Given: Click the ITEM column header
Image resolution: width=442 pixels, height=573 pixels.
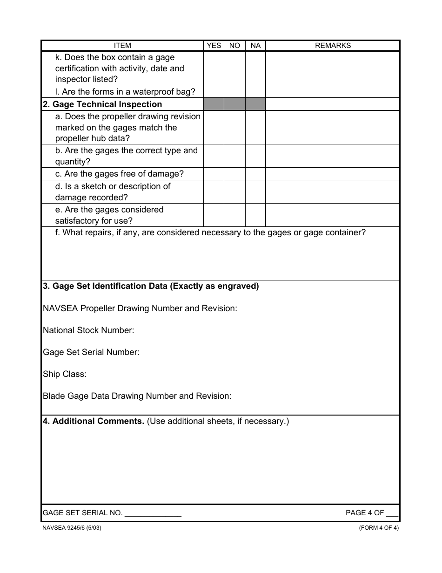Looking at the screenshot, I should tap(122, 46).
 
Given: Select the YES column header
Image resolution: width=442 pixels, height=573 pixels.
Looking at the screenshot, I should tap(214, 46).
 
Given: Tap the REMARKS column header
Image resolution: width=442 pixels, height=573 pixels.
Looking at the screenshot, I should tap(333, 46).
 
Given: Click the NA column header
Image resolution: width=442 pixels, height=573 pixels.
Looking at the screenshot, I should tap(255, 46).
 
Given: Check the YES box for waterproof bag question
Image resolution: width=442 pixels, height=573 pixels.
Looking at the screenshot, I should tap(214, 92).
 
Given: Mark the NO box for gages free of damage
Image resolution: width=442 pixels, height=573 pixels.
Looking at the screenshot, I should tap(234, 174).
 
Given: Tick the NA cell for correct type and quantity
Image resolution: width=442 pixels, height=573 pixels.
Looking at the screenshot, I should tap(255, 156).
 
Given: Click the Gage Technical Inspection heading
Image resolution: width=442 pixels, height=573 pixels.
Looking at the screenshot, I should tap(102, 104).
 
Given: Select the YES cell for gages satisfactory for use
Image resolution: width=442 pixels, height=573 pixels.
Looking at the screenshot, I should tap(214, 215).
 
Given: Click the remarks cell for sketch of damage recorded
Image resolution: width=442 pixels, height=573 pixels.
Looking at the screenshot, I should tap(333, 192).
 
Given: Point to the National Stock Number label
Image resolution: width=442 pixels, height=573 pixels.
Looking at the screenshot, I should tap(88, 330).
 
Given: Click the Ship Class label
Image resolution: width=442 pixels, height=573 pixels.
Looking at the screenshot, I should tap(65, 374).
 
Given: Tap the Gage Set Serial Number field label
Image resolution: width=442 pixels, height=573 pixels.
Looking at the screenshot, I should tap(91, 352).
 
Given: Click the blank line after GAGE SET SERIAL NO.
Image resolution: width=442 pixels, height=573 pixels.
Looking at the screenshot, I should tap(153, 513).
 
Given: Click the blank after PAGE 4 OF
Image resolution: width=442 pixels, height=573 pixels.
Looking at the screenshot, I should tap(392, 513).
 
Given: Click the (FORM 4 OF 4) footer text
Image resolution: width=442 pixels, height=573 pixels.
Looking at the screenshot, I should tap(379, 528).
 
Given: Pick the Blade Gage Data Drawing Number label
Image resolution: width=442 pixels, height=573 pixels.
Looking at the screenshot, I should tap(137, 396).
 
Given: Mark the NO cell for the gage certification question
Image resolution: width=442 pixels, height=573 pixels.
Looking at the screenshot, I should tap(234, 68).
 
